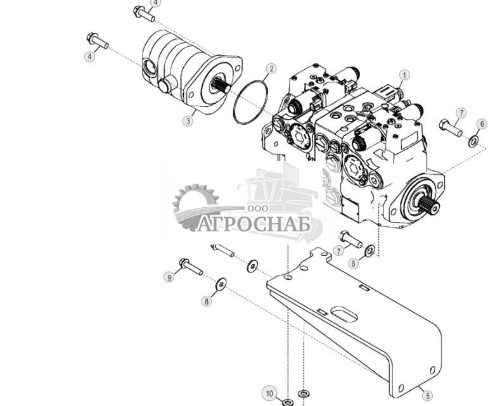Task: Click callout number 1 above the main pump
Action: (x=404, y=75)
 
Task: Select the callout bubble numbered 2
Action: (x=271, y=68)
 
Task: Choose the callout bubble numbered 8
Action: (x=206, y=301)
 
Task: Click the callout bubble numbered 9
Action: (x=169, y=277)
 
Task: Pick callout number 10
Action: (x=269, y=394)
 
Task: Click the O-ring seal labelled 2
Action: (x=250, y=101)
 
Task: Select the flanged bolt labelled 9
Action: (x=191, y=267)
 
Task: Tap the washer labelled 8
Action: (x=221, y=284)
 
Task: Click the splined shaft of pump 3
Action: (x=222, y=86)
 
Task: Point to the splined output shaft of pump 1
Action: (x=427, y=203)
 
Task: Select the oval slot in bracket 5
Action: (x=343, y=315)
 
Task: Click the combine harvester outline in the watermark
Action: (x=279, y=187)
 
